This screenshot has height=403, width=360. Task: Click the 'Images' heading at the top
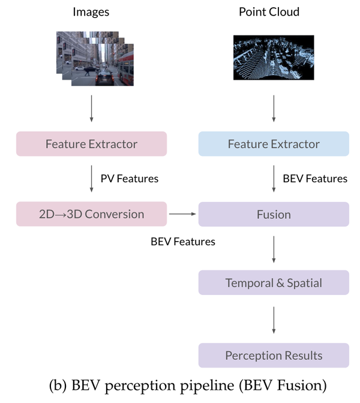coord(91,12)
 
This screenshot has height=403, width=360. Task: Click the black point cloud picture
coord(274,58)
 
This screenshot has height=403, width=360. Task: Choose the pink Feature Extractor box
coord(91,144)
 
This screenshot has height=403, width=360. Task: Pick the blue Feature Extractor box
coord(274,144)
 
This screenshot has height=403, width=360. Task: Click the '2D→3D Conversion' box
coord(91,214)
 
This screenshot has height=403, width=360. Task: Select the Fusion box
coord(274,214)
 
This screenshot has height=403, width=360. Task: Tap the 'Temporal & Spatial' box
coord(274,282)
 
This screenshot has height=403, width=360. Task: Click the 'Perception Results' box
coord(274,355)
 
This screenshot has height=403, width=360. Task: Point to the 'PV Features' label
coord(129,179)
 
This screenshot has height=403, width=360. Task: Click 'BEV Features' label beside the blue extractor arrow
coord(314,179)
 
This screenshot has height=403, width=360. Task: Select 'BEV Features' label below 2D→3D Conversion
coord(182,242)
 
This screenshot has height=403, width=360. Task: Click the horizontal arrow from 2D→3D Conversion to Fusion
coord(182,213)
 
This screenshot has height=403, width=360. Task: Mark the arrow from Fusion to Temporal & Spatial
coord(274,249)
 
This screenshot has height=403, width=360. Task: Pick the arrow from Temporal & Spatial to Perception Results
coord(274,319)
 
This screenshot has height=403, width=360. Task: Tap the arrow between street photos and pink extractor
coord(91,109)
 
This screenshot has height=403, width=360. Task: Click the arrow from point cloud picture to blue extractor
coord(274,109)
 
